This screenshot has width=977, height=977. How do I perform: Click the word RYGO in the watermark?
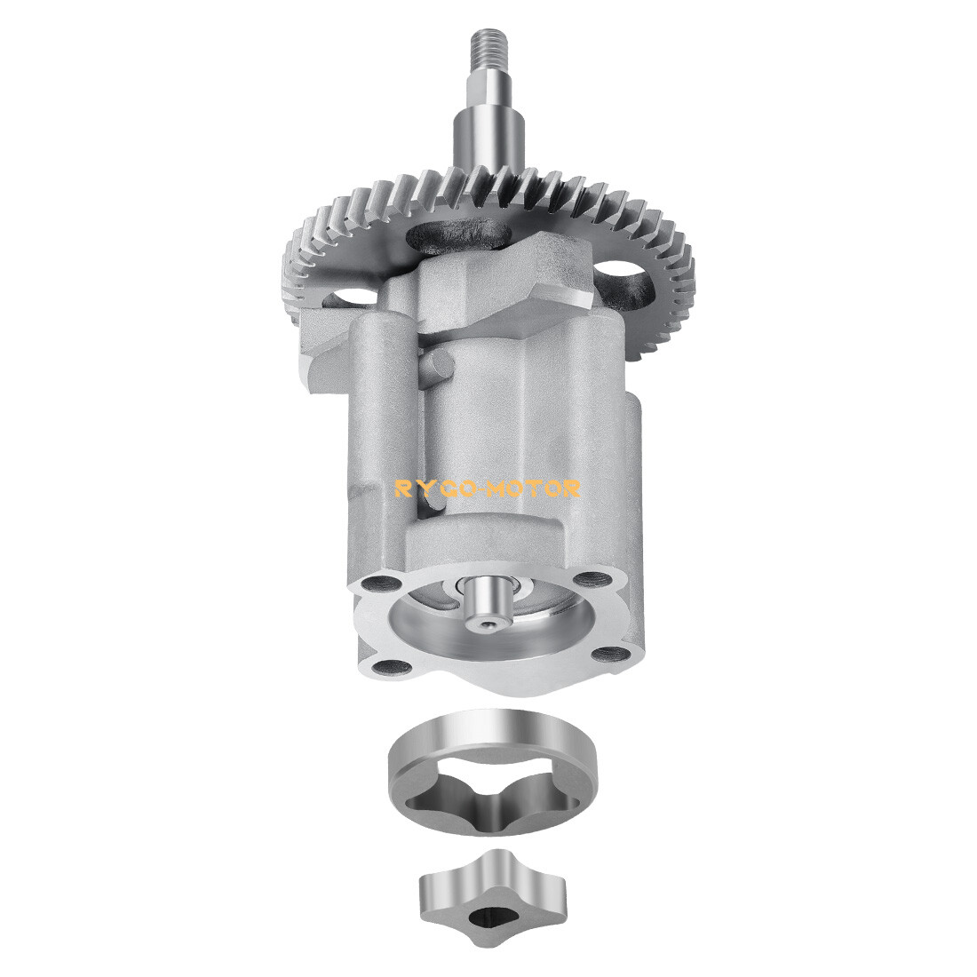click(x=433, y=488)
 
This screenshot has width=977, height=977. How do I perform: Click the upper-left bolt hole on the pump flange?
click(x=380, y=585)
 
